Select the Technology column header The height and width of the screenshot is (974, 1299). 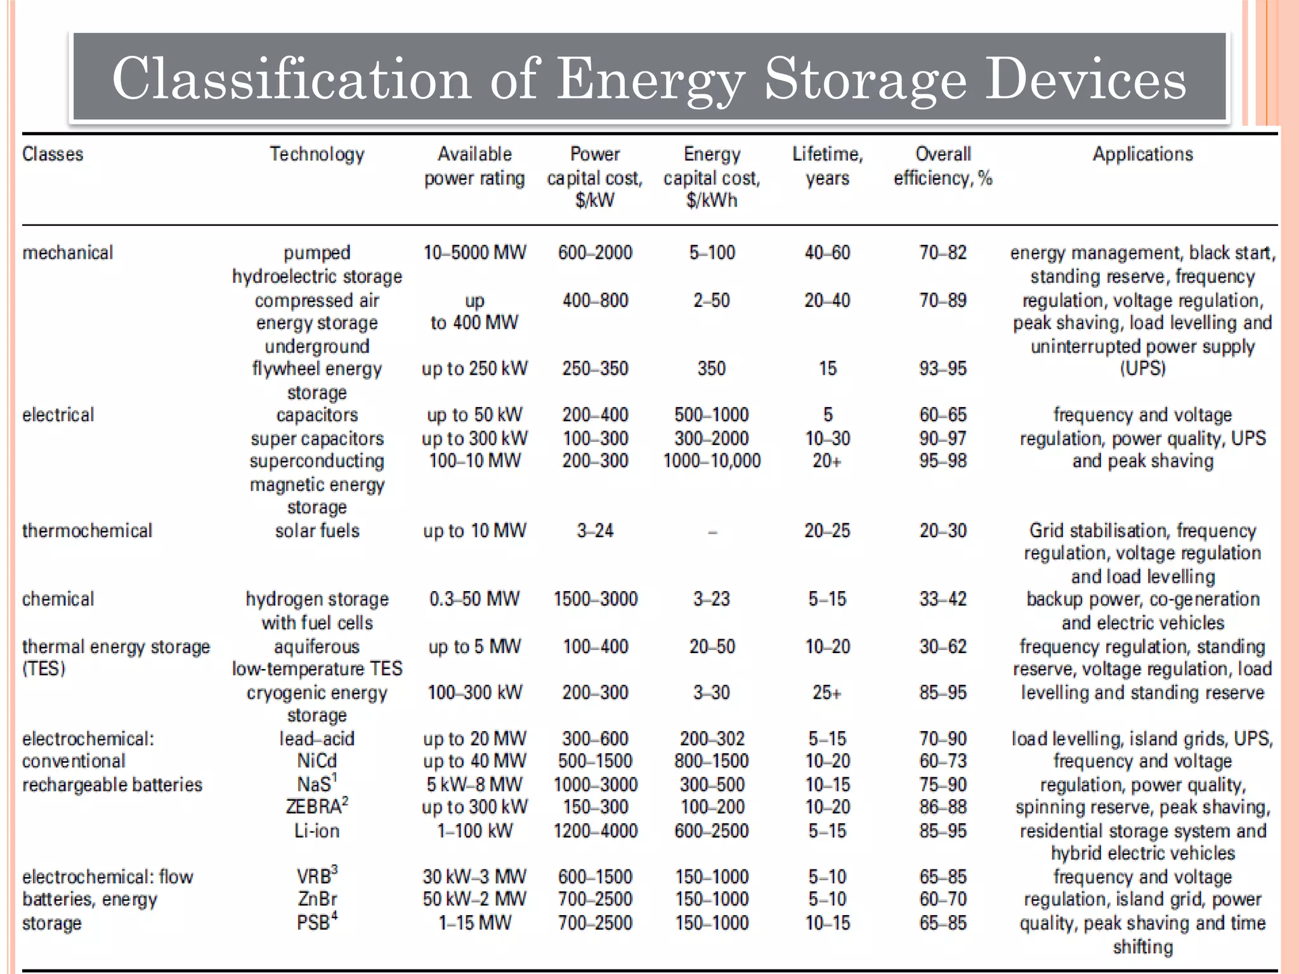pyautogui.click(x=317, y=154)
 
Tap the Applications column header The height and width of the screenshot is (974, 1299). pyautogui.click(x=1142, y=154)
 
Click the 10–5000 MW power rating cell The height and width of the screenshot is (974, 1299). pyautogui.click(x=474, y=253)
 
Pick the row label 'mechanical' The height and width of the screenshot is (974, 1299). pyautogui.click(x=67, y=253)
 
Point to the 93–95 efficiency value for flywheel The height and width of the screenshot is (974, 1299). pyautogui.click(x=943, y=368)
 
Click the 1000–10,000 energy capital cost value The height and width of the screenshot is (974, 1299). pyautogui.click(x=712, y=461)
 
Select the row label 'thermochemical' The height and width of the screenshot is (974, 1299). pyautogui.click(x=87, y=531)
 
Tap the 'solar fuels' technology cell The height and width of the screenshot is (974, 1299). pyautogui.click(x=317, y=531)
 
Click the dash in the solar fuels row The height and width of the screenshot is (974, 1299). pyautogui.click(x=712, y=533)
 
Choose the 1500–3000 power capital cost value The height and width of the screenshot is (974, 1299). pyautogui.click(x=595, y=599)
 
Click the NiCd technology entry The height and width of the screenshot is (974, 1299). pyautogui.click(x=317, y=761)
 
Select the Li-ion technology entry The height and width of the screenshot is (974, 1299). pyautogui.click(x=317, y=831)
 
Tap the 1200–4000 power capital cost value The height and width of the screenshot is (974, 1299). pyautogui.click(x=595, y=831)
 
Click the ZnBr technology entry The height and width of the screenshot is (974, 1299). pyautogui.click(x=317, y=899)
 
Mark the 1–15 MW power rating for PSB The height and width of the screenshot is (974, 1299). pyautogui.click(x=474, y=923)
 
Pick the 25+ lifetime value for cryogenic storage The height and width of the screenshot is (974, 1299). pyautogui.click(x=827, y=692)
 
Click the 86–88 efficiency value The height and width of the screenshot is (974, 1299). pyautogui.click(x=943, y=807)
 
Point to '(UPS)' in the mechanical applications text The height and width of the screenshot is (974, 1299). pyautogui.click(x=1142, y=368)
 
